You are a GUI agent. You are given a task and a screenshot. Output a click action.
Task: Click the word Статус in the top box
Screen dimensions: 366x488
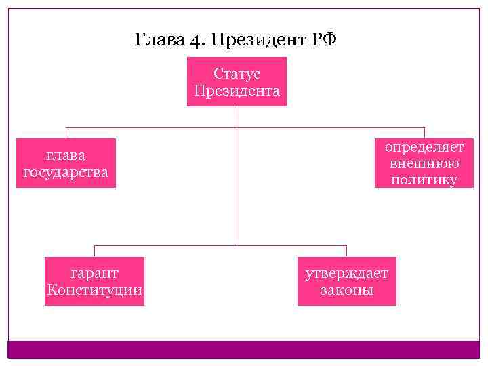[237, 74]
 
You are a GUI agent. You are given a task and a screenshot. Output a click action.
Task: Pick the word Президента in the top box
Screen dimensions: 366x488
[237, 90]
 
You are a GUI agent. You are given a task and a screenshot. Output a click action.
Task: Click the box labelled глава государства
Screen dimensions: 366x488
[66, 163]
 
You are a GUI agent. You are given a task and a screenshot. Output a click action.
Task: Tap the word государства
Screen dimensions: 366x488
[66, 171]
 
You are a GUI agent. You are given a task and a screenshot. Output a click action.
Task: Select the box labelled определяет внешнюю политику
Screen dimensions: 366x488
[424, 163]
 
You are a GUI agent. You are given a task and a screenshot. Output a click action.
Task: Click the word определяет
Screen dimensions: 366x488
[424, 147]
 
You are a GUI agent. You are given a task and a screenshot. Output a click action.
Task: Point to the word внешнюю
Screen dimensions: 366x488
[424, 163]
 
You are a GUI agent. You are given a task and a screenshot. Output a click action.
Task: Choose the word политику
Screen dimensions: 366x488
[424, 180]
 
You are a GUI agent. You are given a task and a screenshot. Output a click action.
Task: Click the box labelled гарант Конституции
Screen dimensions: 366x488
[94, 281]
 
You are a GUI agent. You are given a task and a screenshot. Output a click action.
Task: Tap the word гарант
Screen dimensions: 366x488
[94, 273]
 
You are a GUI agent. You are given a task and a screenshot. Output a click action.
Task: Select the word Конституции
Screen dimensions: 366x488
[94, 290]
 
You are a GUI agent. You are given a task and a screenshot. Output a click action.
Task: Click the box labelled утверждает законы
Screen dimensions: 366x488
[346, 281]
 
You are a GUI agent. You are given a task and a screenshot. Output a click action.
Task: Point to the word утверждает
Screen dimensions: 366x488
[346, 273]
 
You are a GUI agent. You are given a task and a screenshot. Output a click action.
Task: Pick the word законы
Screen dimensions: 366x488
[346, 290]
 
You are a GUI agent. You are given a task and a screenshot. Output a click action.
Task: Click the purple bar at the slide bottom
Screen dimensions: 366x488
[244, 349]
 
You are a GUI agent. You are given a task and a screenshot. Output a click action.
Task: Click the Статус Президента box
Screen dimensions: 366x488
[237, 81]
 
